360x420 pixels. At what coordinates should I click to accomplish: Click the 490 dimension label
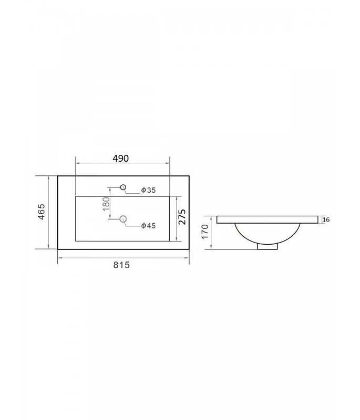pyautogui.click(x=121, y=159)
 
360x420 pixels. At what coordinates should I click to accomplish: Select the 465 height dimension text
pyautogui.click(x=42, y=212)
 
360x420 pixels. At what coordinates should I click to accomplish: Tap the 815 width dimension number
pyautogui.click(x=121, y=265)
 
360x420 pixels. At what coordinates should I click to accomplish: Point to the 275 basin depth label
pyautogui.click(x=182, y=217)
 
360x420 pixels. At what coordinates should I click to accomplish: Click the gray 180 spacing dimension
pyautogui.click(x=106, y=204)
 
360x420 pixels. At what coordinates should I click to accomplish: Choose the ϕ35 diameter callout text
pyautogui.click(x=149, y=190)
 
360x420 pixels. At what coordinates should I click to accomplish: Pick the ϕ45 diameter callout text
pyautogui.click(x=149, y=226)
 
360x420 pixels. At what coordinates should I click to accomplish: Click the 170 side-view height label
pyautogui.click(x=205, y=232)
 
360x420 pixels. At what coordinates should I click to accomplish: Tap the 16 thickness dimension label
pyautogui.click(x=326, y=219)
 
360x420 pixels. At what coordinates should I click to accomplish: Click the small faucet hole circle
pyautogui.click(x=123, y=187)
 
